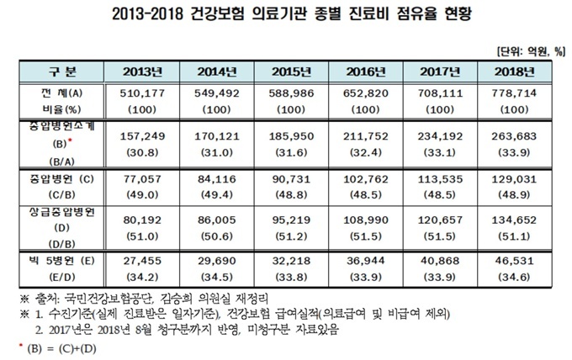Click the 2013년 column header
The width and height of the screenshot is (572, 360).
(142, 71)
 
